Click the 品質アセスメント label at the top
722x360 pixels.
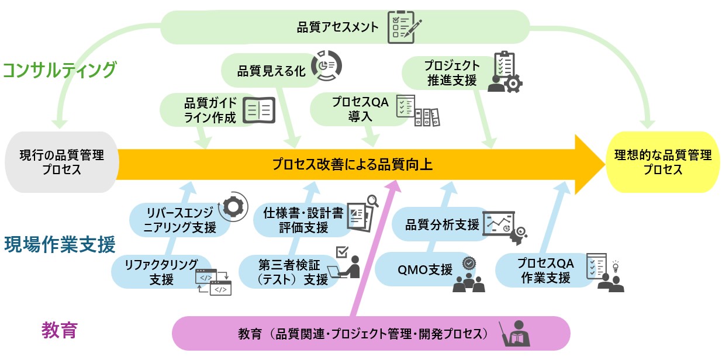point(338,27)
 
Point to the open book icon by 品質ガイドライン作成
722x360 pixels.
point(258,110)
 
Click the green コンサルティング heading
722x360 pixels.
point(60,70)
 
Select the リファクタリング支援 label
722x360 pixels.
point(161,272)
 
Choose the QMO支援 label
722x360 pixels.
point(425,269)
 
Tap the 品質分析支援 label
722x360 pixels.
point(443,224)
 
